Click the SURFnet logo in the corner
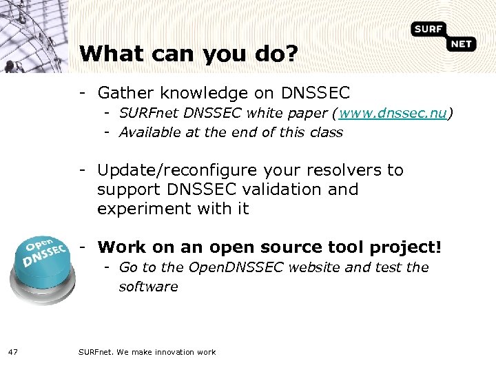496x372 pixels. tap(444, 36)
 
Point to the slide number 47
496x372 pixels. tap(13, 352)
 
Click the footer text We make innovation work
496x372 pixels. tap(166, 352)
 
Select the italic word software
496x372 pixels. tap(148, 287)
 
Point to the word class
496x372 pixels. tap(324, 132)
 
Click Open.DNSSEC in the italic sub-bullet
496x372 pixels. tap(235, 267)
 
